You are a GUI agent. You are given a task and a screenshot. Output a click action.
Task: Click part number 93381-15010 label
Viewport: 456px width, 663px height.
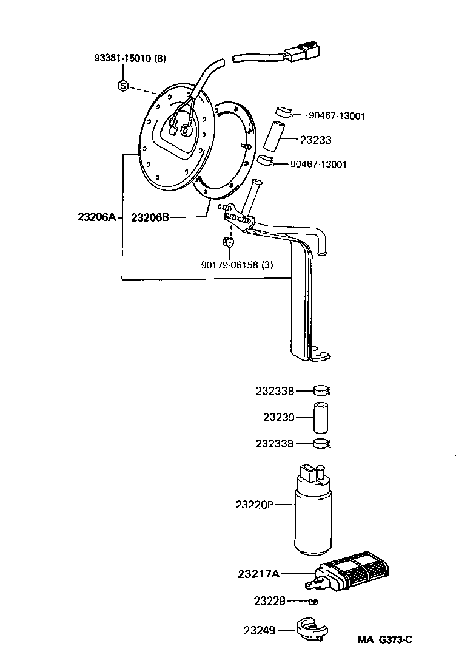coord(124,58)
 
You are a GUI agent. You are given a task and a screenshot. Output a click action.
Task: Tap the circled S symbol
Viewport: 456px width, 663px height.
coord(122,86)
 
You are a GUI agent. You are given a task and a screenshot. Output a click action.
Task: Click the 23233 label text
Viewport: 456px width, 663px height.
coord(316,140)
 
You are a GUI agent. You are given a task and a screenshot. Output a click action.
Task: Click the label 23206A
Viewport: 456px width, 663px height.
coord(96,216)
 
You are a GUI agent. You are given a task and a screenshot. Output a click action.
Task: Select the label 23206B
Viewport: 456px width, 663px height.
coord(150,216)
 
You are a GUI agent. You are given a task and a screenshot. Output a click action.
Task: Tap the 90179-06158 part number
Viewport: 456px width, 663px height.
coord(228,264)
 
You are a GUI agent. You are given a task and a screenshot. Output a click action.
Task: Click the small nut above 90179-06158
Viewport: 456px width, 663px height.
coord(229,243)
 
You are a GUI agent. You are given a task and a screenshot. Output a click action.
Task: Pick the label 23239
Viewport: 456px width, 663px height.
coord(278,418)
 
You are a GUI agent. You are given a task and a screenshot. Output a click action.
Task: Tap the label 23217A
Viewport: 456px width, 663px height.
coord(259,573)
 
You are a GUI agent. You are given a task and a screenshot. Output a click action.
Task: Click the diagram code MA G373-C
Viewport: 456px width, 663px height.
coord(384,639)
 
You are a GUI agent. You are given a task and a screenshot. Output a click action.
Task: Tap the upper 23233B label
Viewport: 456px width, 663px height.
coord(274,392)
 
